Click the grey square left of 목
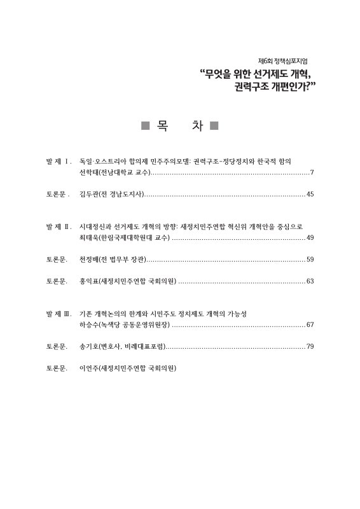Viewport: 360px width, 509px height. pos(145,126)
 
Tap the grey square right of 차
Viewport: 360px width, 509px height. pos(214,126)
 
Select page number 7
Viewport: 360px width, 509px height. pos(312,173)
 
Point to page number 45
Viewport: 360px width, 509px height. pos(310,193)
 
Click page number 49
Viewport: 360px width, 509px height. pos(310,238)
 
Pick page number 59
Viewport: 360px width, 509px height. pos(310,260)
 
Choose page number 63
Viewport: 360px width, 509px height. pos(310,281)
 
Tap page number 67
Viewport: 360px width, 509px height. pos(310,325)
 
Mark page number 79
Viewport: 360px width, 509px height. pos(310,347)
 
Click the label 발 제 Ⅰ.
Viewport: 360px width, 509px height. pos(58,162)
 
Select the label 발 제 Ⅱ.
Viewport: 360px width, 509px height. pos(58,227)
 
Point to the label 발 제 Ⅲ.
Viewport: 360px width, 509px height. pos(58,314)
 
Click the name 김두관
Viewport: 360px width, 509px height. pos(87,193)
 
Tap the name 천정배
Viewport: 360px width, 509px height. pos(87,260)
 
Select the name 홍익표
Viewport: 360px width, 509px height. pos(87,281)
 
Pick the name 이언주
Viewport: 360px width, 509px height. pos(87,368)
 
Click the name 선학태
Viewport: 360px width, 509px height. pos(87,173)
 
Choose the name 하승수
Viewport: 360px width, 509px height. pos(87,325)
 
